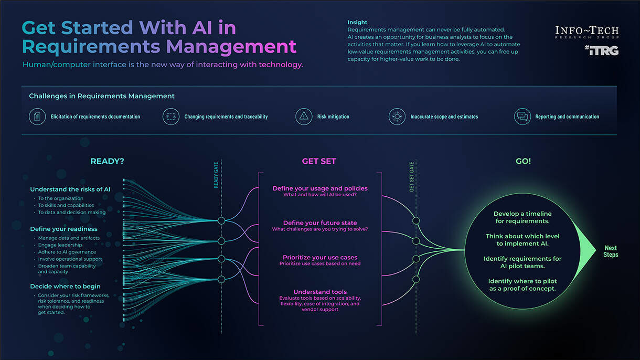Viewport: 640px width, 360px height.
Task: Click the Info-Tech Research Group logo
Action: tap(586, 32)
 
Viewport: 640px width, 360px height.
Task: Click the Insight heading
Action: tap(357, 23)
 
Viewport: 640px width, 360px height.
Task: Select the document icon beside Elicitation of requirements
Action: tap(37, 117)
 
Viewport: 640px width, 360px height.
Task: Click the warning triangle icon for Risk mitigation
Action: tap(304, 117)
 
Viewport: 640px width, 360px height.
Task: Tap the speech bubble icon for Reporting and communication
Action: tap(522, 117)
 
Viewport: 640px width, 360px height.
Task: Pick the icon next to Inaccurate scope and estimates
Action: tap(397, 117)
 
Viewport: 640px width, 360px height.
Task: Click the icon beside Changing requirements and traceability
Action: tap(171, 117)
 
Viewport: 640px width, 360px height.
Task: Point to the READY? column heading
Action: tap(107, 161)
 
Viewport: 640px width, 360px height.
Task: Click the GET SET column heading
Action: tap(319, 161)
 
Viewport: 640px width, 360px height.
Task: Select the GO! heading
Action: tap(523, 161)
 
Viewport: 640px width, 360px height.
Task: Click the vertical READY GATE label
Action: tap(216, 175)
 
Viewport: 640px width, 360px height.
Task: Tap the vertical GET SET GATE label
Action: tap(412, 176)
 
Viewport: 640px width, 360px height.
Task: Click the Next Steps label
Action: tap(611, 251)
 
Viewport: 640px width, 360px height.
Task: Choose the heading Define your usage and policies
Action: tap(320, 188)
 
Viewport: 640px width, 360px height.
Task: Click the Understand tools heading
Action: tap(320, 292)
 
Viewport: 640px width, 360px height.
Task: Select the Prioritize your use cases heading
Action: tap(320, 257)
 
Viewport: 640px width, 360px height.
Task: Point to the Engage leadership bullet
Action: tap(60, 245)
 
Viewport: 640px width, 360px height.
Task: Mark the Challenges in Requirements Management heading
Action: tap(102, 96)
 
